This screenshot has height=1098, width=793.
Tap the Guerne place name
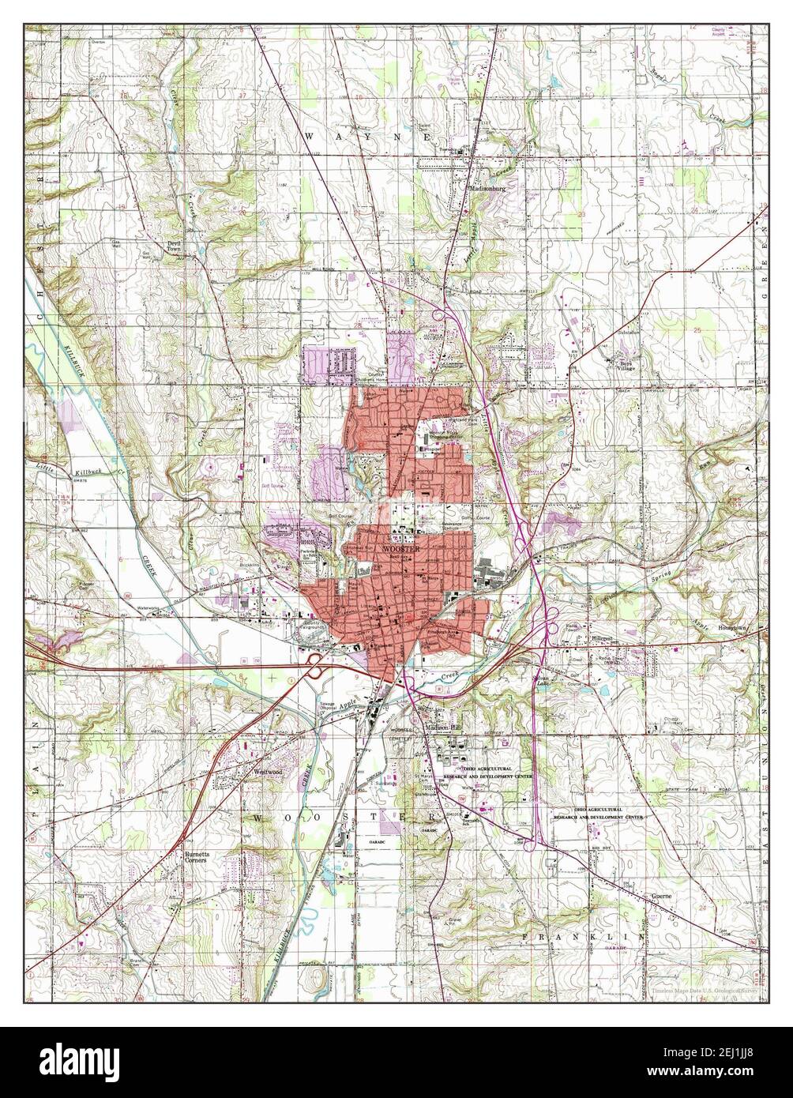coord(661,897)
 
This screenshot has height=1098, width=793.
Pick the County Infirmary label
coord(672,721)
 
